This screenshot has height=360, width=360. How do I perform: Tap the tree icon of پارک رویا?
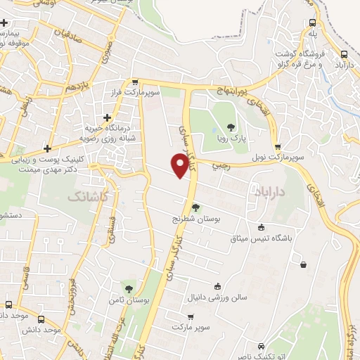click(x=230, y=127)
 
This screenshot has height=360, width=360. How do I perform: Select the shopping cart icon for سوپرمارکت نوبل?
click(x=278, y=146)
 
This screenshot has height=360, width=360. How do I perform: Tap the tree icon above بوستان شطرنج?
click(x=195, y=207)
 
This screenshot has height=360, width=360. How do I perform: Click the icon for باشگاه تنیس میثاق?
click(x=262, y=227)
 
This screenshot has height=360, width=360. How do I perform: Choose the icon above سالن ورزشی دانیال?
click(x=217, y=285)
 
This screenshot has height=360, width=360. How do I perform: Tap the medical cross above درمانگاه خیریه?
click(x=106, y=117)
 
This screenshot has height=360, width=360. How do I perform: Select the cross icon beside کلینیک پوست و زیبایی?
click(x=47, y=148)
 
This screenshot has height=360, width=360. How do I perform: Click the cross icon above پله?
click(x=311, y=22)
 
